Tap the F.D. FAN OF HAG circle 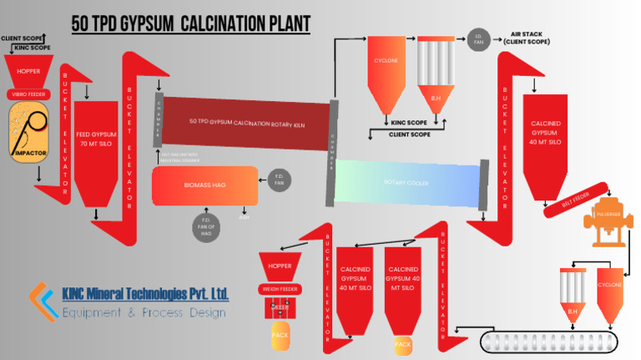(206, 226)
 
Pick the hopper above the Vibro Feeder (28, 72)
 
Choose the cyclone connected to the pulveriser (609, 288)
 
